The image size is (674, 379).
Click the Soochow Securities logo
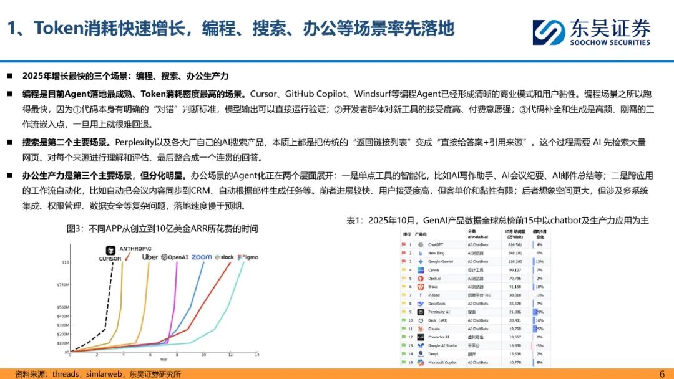(590, 32)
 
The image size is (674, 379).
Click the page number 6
(662, 373)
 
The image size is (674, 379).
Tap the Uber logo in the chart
(150, 257)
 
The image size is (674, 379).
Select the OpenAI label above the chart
(175, 257)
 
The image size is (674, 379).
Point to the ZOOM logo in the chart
(202, 257)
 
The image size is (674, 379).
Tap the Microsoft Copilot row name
(442, 362)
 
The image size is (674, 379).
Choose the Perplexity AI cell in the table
(439, 312)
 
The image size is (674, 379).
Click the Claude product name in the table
(434, 329)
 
